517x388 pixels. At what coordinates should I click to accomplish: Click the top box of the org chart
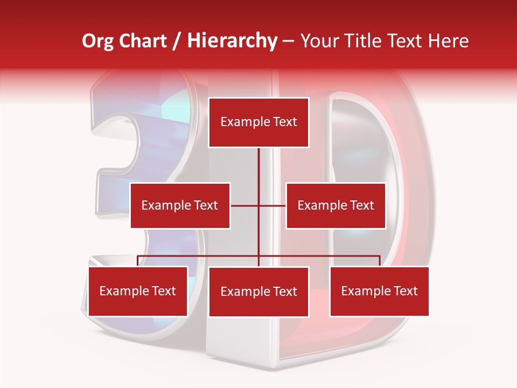tap(258, 122)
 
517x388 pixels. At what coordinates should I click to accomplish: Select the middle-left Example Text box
tap(180, 205)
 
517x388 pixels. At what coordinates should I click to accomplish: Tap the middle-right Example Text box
tap(336, 205)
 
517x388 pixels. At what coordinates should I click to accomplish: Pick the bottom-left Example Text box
tap(138, 291)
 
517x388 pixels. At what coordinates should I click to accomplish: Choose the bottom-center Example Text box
tap(258, 292)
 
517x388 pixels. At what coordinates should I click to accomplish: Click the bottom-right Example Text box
tap(379, 291)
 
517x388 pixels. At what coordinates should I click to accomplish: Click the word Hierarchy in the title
tap(232, 41)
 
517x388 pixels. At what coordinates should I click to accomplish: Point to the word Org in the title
tap(97, 41)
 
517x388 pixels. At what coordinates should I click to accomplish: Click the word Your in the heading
tap(319, 41)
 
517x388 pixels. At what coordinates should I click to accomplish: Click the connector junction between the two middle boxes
tap(258, 205)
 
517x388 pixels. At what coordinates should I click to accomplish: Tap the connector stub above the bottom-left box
tap(138, 261)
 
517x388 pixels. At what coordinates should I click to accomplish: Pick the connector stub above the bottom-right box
tap(380, 261)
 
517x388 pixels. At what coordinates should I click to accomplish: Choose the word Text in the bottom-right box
tap(405, 291)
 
